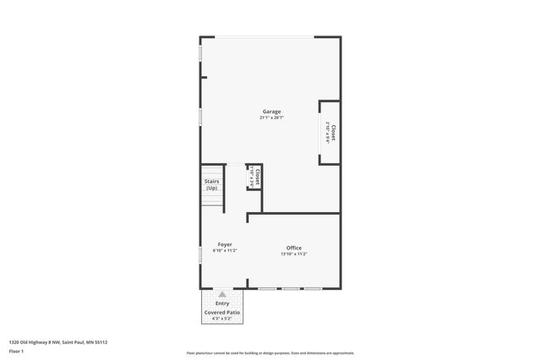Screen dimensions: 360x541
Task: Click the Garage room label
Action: click(x=271, y=112)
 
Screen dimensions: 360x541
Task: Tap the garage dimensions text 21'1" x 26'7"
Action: click(x=271, y=117)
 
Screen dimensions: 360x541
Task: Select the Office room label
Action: click(x=294, y=248)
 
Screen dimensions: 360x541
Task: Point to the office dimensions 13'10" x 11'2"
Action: click(x=294, y=254)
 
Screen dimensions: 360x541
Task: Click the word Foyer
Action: click(x=225, y=244)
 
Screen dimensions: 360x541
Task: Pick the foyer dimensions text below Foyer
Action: click(x=225, y=250)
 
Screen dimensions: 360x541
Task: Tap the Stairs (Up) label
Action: click(x=211, y=184)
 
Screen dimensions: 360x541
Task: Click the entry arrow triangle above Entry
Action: click(x=222, y=295)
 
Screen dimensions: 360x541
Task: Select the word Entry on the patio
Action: click(x=222, y=303)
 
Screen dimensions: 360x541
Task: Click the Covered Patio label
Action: click(x=222, y=313)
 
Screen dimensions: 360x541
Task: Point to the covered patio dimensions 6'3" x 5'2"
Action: click(x=222, y=319)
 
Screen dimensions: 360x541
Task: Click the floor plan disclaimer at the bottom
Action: click(x=270, y=353)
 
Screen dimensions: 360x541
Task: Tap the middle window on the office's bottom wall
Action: click(x=291, y=289)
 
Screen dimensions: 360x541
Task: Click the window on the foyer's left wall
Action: click(x=200, y=253)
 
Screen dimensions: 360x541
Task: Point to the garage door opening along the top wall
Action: click(x=257, y=37)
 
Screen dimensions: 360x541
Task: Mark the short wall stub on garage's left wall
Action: click(x=203, y=77)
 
